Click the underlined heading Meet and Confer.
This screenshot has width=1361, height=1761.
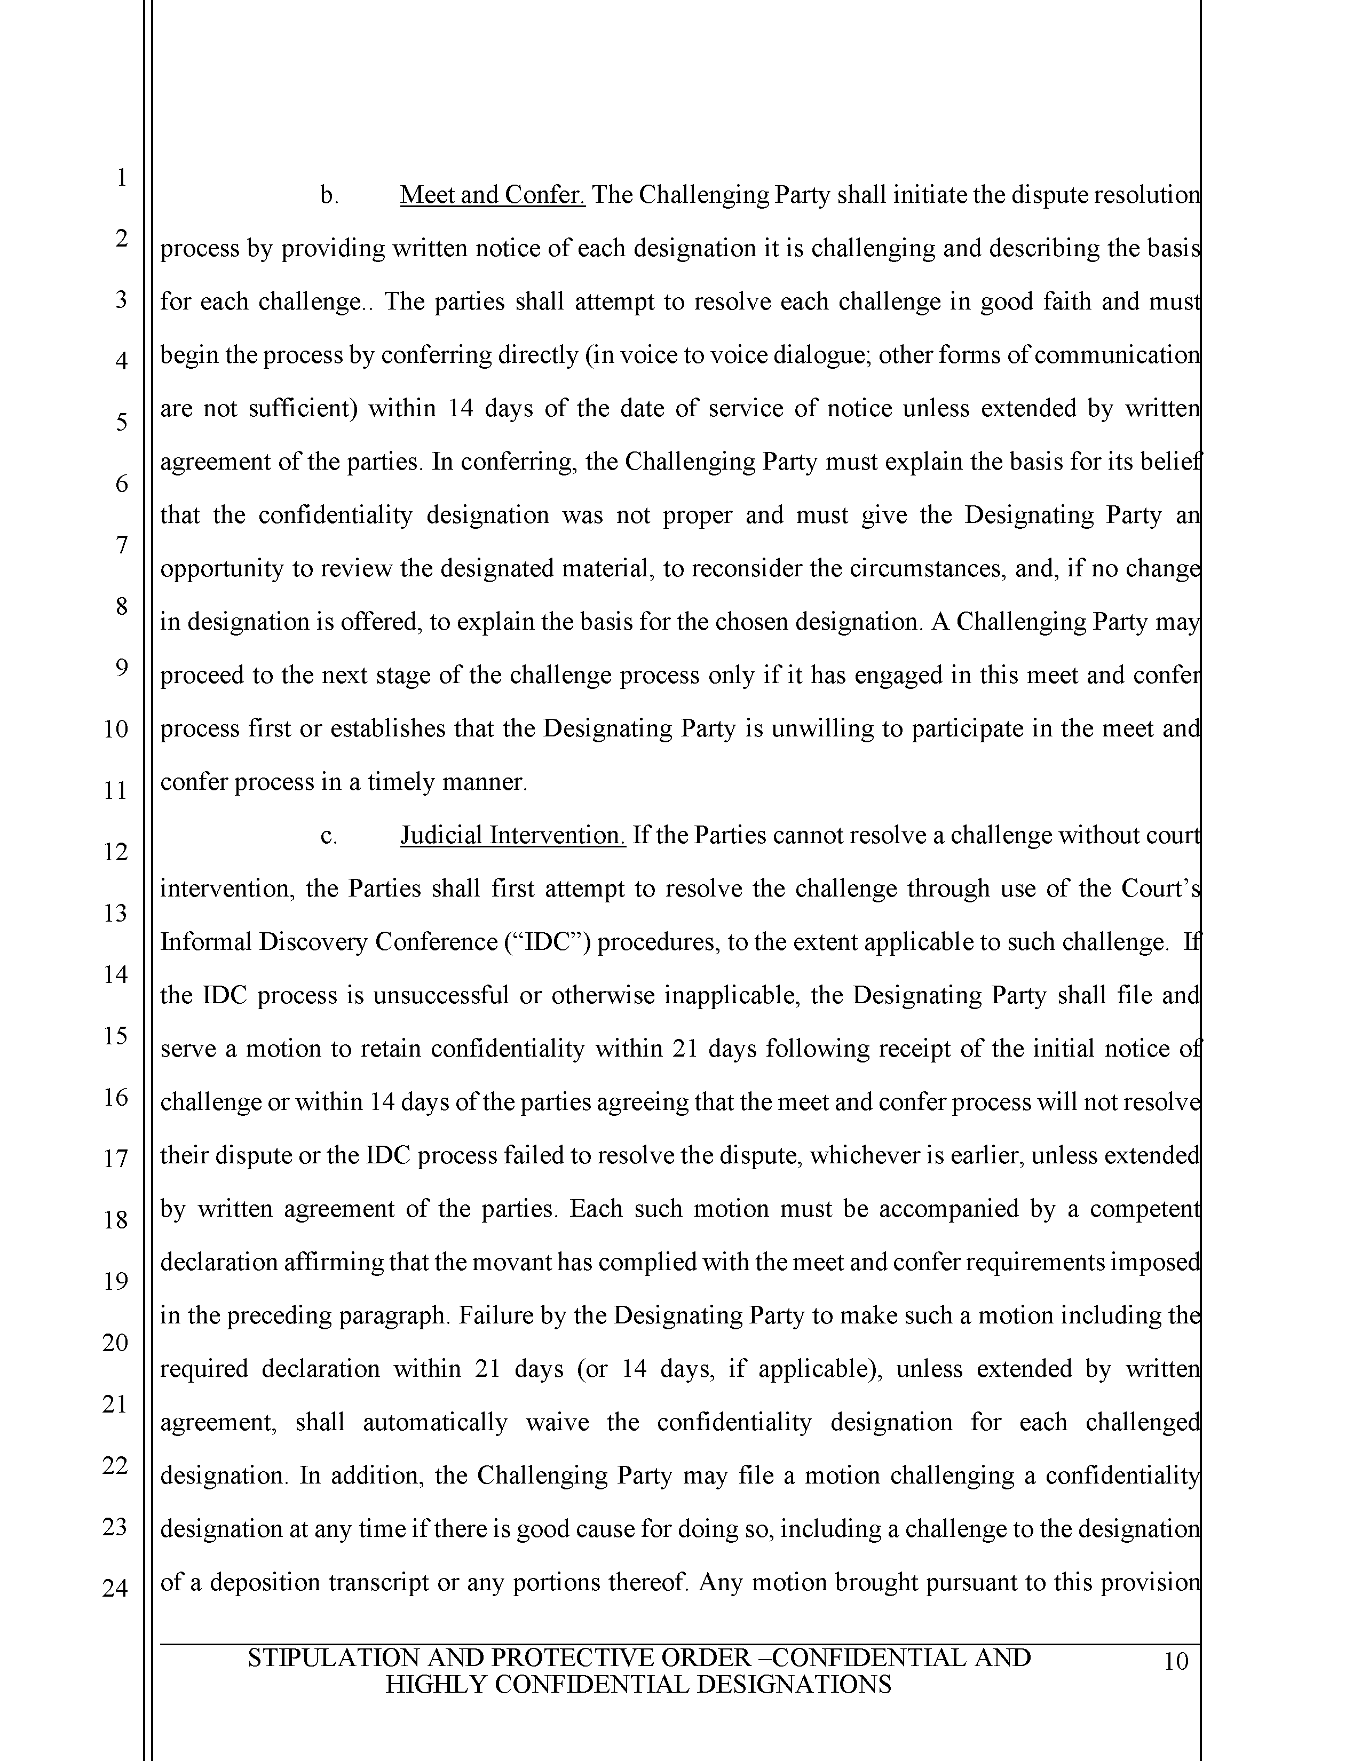pyautogui.click(x=492, y=195)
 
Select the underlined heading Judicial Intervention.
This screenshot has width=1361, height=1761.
pyautogui.click(x=513, y=835)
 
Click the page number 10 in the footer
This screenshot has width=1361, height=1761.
pyautogui.click(x=1176, y=1662)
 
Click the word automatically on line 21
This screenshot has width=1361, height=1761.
pyautogui.click(x=434, y=1422)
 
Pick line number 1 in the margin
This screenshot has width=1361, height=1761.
pyautogui.click(x=121, y=177)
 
